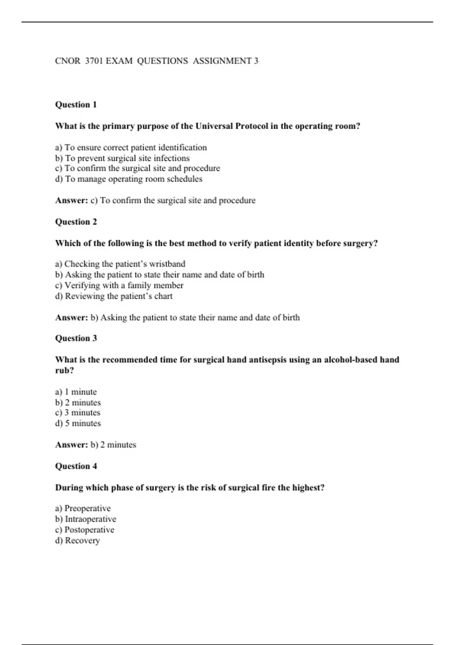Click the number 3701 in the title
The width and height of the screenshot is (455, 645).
(x=94, y=61)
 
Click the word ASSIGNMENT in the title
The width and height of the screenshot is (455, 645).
(x=222, y=61)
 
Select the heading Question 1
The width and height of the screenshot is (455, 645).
(x=76, y=105)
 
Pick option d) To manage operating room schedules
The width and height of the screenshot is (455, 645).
(x=129, y=179)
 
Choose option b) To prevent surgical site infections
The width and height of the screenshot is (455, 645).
(x=122, y=158)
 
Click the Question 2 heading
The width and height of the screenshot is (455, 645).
(x=76, y=222)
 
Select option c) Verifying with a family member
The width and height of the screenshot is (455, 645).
(x=119, y=285)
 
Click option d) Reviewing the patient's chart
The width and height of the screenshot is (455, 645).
(x=114, y=296)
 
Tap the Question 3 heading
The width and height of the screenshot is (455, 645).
(x=76, y=338)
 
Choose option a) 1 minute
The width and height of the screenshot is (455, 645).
(x=76, y=392)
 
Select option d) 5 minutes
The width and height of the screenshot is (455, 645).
(x=78, y=423)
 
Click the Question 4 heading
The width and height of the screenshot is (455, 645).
(x=76, y=466)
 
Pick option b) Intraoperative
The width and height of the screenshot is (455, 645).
(x=86, y=519)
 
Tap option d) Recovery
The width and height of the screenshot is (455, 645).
(x=77, y=541)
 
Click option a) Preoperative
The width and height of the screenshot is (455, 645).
(x=83, y=508)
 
